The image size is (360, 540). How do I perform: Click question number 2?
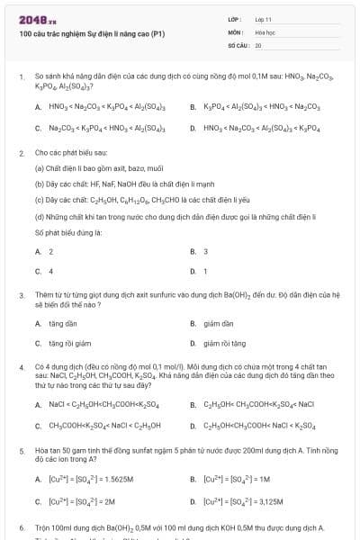[22, 153]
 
